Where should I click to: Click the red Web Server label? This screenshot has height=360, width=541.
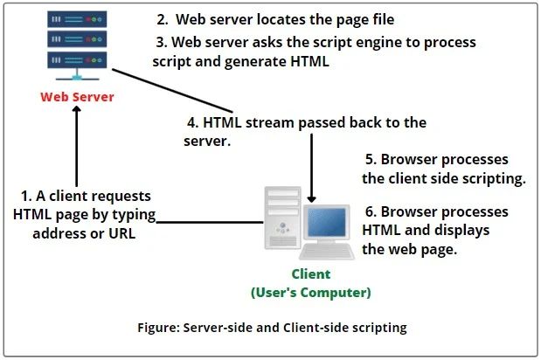pyautogui.click(x=76, y=96)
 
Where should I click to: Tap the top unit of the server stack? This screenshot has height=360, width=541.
pyautogui.click(x=75, y=19)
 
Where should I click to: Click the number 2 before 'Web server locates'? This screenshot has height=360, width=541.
pyautogui.click(x=160, y=18)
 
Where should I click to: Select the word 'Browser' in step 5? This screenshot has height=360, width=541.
pyautogui.click(x=408, y=161)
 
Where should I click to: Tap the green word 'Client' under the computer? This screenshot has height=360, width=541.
pyautogui.click(x=311, y=273)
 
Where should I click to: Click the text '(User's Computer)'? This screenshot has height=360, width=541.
pyautogui.click(x=311, y=292)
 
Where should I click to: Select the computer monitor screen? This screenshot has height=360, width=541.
pyautogui.click(x=331, y=223)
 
